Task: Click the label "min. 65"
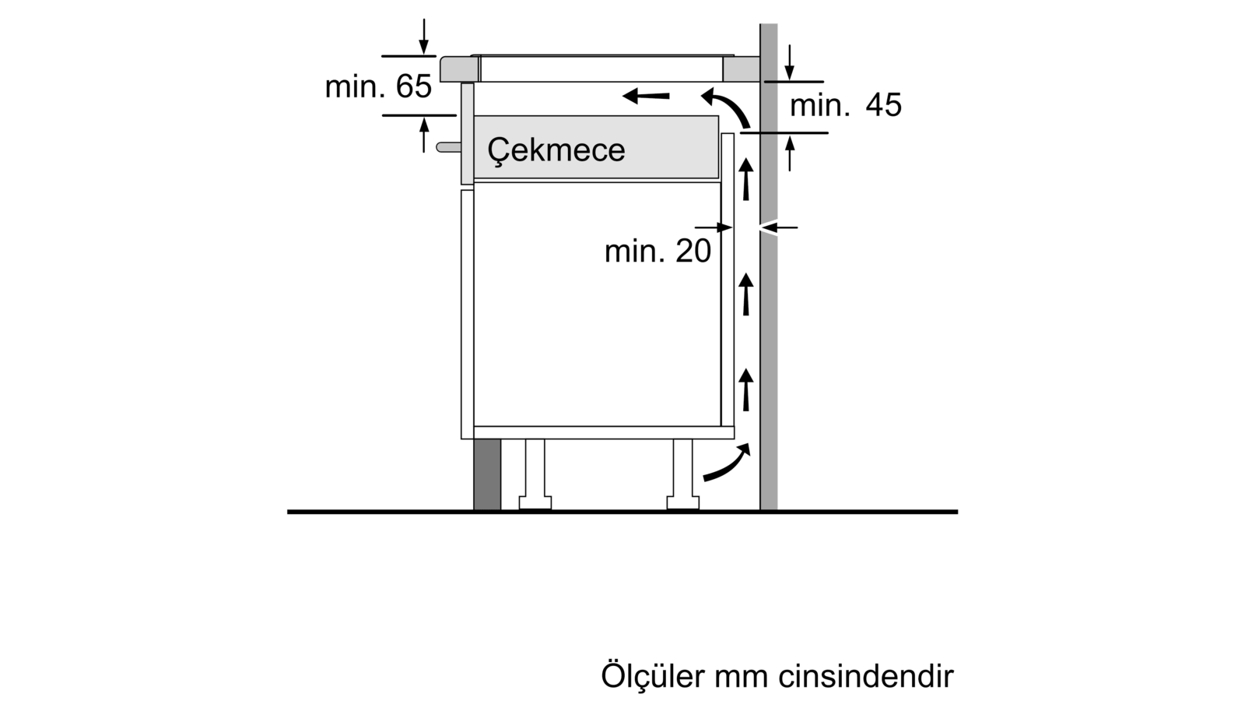click(x=378, y=86)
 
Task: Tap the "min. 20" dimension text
click(x=658, y=251)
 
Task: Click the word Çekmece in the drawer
click(x=556, y=150)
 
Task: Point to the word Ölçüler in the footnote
click(x=654, y=676)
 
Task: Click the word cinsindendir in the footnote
click(x=866, y=677)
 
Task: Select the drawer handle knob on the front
click(x=448, y=147)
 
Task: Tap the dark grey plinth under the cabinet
click(x=487, y=474)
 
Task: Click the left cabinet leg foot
click(x=535, y=503)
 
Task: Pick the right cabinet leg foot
click(x=683, y=503)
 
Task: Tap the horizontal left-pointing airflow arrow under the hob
click(x=646, y=96)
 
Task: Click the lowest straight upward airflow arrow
click(x=746, y=389)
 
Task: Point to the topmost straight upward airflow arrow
click(x=746, y=179)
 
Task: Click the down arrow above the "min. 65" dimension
click(x=424, y=37)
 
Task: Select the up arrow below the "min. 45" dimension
click(x=790, y=153)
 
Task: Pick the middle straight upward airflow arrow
click(x=746, y=294)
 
